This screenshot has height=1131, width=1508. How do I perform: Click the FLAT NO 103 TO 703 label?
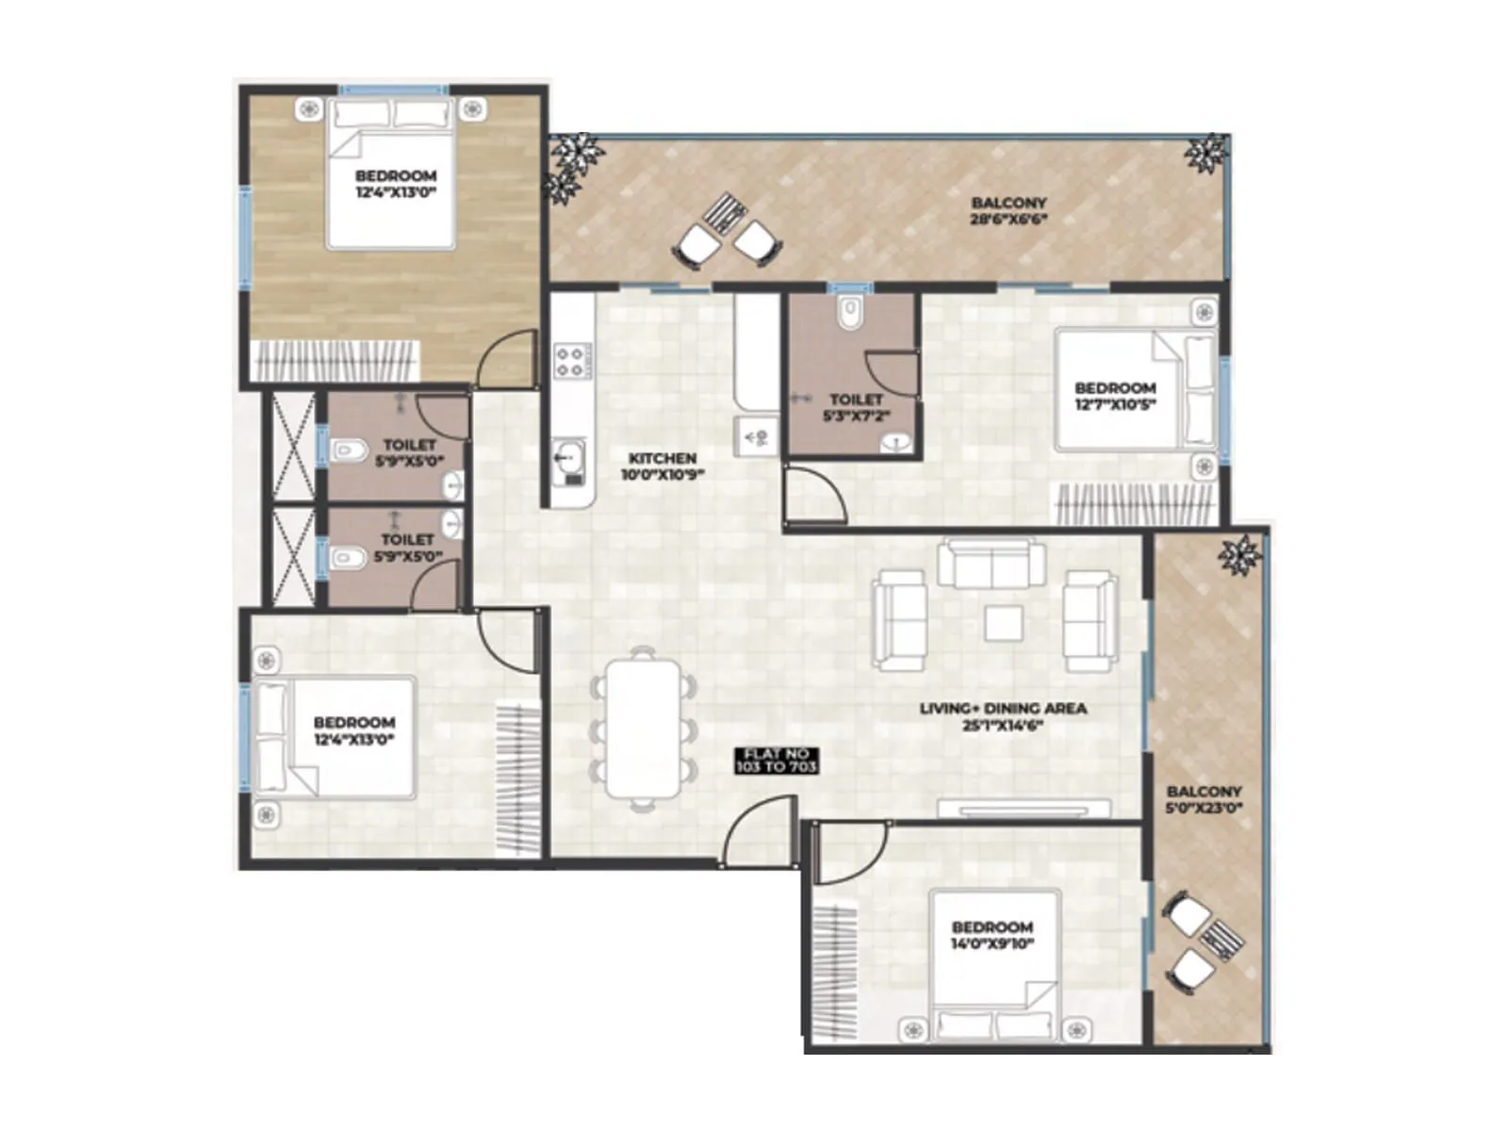tap(777, 761)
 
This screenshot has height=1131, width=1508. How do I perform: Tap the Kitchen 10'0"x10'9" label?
tap(662, 466)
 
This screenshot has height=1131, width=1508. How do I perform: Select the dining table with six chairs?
tap(644, 728)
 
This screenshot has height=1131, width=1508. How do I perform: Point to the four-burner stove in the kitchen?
tap(569, 362)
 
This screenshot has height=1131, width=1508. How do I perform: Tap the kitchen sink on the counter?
tap(567, 460)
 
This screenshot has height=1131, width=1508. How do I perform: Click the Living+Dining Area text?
tap(1003, 715)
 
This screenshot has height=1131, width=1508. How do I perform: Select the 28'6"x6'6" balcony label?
tap(1008, 210)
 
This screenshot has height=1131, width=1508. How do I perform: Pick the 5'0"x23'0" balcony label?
tap(1204, 799)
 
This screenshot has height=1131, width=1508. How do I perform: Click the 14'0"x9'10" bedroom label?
tap(992, 935)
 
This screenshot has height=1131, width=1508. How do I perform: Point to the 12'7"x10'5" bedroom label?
tap(1115, 396)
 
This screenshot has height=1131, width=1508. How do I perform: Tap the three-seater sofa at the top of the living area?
tap(992, 564)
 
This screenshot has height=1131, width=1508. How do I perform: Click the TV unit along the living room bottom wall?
tap(1024, 809)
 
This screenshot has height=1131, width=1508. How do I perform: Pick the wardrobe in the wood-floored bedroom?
tap(336, 361)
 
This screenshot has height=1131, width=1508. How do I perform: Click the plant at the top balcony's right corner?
tap(1206, 153)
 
